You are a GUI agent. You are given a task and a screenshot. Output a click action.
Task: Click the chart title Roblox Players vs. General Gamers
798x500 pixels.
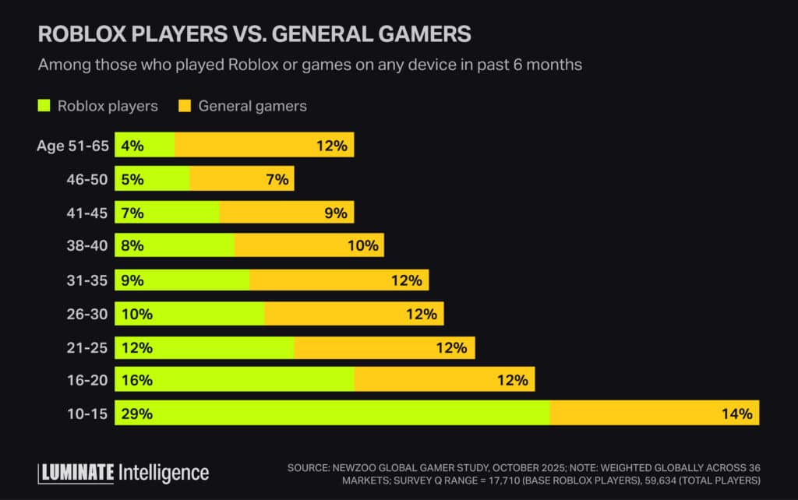coord(254,33)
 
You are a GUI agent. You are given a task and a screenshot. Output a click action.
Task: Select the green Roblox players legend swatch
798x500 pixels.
coord(44,106)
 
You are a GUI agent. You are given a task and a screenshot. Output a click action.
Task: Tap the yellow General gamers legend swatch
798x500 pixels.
coord(185,106)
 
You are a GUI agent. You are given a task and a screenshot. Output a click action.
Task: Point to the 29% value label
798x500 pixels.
coord(136,414)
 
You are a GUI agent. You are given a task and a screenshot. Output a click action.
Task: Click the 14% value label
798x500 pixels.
coord(736,414)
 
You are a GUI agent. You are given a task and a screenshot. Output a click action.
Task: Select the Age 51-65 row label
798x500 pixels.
coord(72,146)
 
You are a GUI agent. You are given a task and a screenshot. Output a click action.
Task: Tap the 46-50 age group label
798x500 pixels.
coord(87,179)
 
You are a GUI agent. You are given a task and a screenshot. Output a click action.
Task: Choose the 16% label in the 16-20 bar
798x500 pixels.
coord(136,380)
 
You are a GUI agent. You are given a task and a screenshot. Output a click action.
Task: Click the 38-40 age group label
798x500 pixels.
coord(87,246)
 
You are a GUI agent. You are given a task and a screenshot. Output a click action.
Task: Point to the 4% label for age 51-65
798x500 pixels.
coord(132,146)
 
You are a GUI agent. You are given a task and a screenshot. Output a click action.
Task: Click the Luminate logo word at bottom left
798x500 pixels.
coord(76,473)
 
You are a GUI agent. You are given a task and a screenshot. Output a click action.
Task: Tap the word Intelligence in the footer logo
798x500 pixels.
coord(164,473)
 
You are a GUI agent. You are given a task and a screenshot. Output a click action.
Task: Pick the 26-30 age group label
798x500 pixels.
coord(87,313)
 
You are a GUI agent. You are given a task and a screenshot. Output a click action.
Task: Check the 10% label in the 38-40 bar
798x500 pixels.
coord(362,246)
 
